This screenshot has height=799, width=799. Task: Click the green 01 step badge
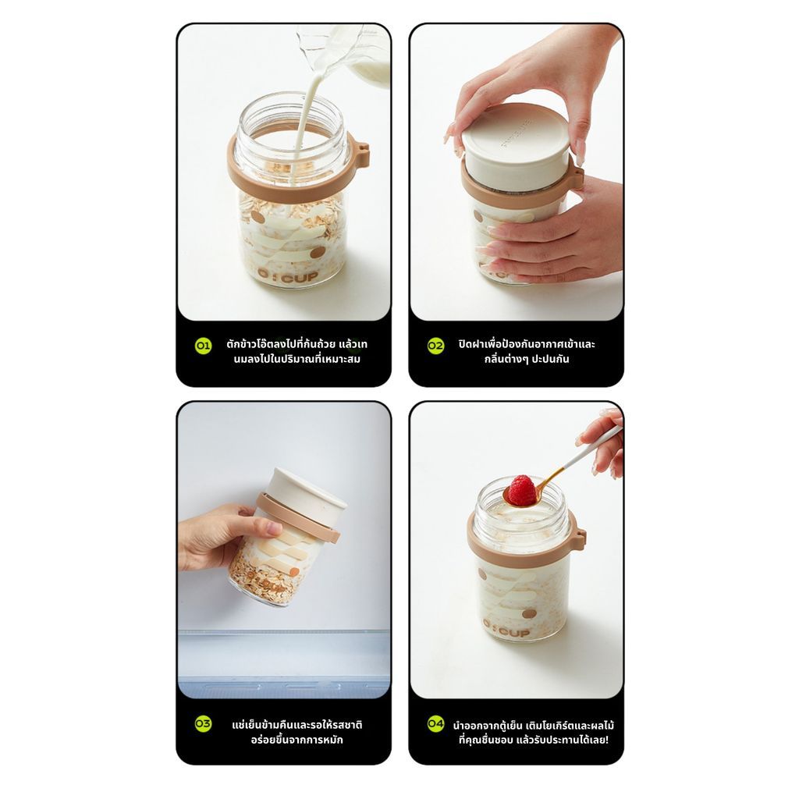click(203, 346)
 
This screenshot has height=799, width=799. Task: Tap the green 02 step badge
click(435, 346)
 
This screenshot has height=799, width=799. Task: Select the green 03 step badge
click(203, 724)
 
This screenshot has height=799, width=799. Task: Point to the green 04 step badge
click(435, 724)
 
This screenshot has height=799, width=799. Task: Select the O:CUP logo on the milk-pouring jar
click(287, 275)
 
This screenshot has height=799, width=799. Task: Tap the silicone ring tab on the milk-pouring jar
click(363, 155)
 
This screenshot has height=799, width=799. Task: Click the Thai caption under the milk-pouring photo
click(297, 351)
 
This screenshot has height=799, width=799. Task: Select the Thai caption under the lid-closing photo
click(527, 351)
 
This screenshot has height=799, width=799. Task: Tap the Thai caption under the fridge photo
click(297, 732)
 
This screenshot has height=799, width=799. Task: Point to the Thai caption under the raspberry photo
click(534, 732)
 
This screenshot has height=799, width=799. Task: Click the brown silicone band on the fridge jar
click(298, 518)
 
